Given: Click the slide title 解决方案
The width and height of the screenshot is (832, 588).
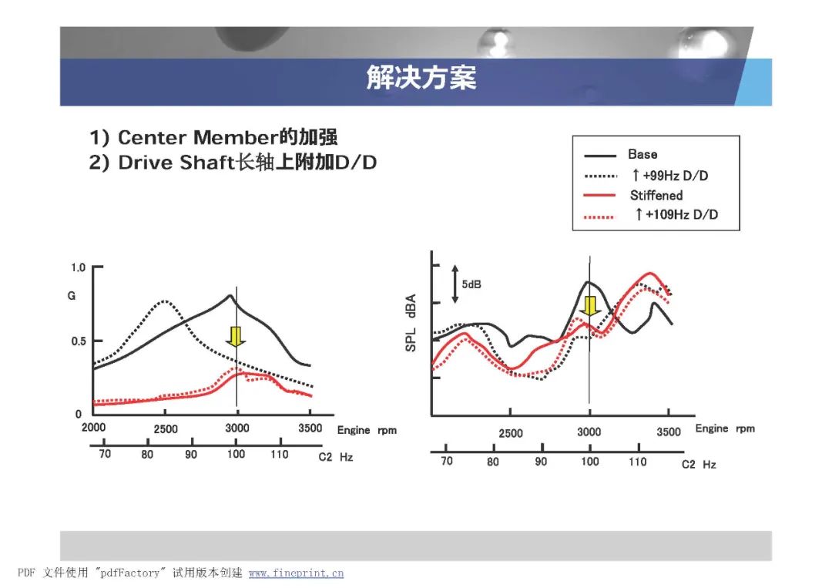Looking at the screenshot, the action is [x=421, y=78].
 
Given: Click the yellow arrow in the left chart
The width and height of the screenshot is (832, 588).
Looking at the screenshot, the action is [x=236, y=337].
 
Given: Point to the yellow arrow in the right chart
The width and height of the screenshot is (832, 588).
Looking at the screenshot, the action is [x=589, y=306].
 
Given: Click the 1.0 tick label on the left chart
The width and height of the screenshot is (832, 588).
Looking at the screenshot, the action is [x=78, y=267].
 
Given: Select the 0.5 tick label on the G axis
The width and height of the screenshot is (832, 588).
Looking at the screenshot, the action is [x=79, y=341].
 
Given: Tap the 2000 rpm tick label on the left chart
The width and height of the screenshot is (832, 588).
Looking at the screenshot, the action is [x=93, y=427].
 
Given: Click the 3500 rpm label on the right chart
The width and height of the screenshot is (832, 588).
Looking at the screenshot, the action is [x=669, y=432].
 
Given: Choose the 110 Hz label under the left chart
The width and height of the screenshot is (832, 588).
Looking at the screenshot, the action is [x=280, y=454].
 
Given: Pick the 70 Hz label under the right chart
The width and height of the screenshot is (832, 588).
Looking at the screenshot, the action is [x=447, y=461].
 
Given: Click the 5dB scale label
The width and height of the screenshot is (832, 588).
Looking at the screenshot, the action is [x=471, y=284].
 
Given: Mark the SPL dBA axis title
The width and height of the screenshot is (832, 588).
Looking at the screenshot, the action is [x=410, y=323].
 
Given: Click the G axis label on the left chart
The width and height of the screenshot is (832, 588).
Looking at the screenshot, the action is [x=72, y=296].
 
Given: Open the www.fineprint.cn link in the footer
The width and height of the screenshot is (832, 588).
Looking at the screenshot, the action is [x=296, y=573].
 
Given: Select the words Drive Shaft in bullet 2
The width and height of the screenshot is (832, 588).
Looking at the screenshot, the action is [x=176, y=163].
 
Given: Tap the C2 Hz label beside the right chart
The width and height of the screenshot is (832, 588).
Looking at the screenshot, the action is [x=699, y=465].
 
